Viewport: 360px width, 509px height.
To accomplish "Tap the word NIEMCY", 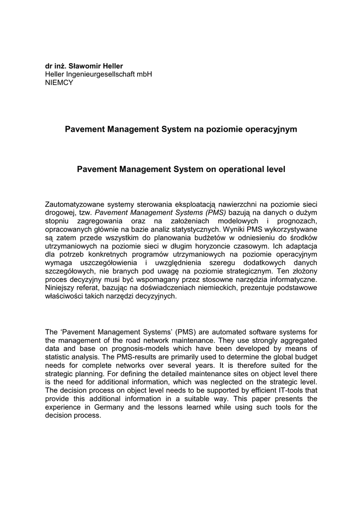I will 59,83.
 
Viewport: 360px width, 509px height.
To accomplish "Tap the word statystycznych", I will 192,229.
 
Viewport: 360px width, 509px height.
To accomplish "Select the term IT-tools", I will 284,390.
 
